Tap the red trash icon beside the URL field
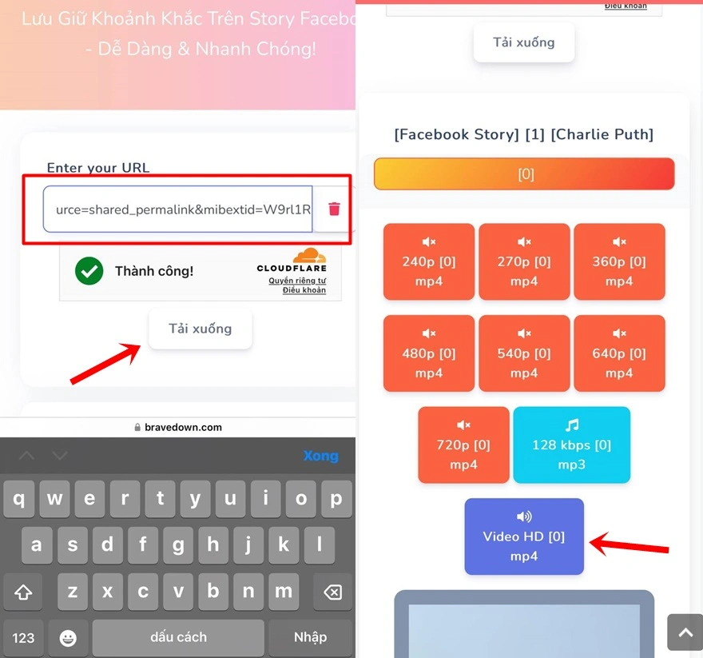[x=334, y=209]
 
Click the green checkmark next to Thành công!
[x=89, y=271]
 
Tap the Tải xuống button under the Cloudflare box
[x=201, y=329]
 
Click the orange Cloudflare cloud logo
[x=309, y=257]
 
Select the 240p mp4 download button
[x=429, y=261]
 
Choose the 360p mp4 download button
[x=619, y=261]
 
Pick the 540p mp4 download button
[x=524, y=353]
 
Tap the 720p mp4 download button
[x=463, y=445]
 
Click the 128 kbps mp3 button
[x=571, y=445]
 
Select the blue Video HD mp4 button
[x=524, y=536]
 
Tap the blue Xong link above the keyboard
[x=320, y=456]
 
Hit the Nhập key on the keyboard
[x=310, y=637]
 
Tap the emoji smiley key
[x=68, y=637]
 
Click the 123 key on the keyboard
[x=23, y=637]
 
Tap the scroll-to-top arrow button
[x=685, y=632]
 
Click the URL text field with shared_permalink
[x=177, y=209]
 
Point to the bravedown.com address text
[x=183, y=428]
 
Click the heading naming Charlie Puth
[x=524, y=134]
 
